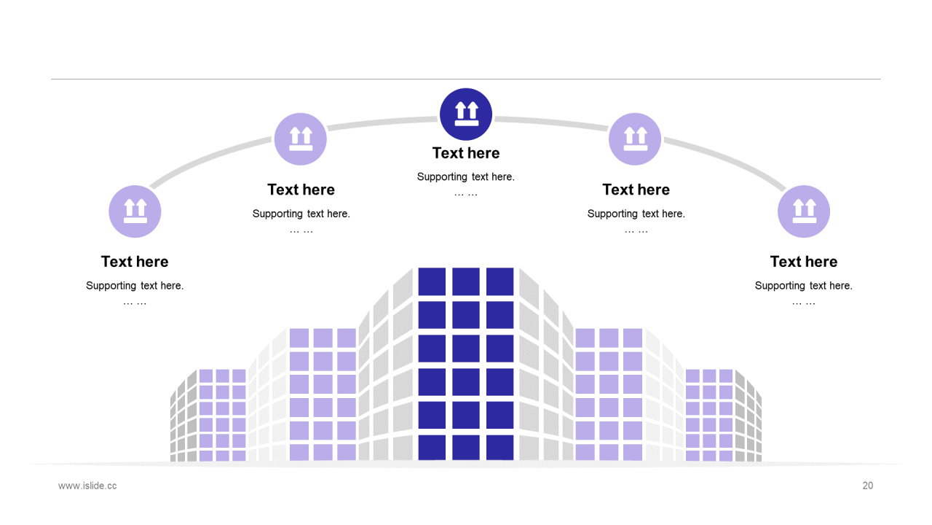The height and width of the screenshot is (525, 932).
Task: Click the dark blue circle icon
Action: pyautogui.click(x=465, y=114)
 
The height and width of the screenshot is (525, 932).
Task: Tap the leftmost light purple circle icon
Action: pyautogui.click(x=135, y=211)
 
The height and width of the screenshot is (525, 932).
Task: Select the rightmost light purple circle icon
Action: pyautogui.click(x=803, y=211)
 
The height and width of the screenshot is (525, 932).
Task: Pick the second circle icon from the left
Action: pyautogui.click(x=301, y=139)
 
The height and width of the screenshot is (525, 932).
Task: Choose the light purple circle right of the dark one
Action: pyautogui.click(x=634, y=139)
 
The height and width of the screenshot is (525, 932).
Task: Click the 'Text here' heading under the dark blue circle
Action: pyautogui.click(x=465, y=153)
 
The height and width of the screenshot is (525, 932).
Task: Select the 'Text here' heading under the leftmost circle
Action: pyautogui.click(x=135, y=262)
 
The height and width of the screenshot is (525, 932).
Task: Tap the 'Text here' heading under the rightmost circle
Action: pyautogui.click(x=803, y=262)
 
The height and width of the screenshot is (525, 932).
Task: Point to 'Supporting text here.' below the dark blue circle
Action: pyautogui.click(x=465, y=177)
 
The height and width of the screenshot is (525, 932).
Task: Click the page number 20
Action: pyautogui.click(x=867, y=486)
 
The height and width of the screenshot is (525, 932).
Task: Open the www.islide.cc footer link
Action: pyautogui.click(x=87, y=486)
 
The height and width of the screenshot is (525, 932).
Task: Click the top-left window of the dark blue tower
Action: pyautogui.click(x=432, y=281)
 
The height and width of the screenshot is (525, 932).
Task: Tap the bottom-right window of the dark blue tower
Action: pyautogui.click(x=499, y=448)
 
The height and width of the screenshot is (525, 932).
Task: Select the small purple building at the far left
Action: pyautogui.click(x=223, y=415)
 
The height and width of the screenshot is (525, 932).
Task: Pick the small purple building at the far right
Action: pyautogui.click(x=709, y=415)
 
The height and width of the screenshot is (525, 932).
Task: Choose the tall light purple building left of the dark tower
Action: pyautogui.click(x=323, y=394)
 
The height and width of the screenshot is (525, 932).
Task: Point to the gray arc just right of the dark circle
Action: pyautogui.click(x=551, y=123)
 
